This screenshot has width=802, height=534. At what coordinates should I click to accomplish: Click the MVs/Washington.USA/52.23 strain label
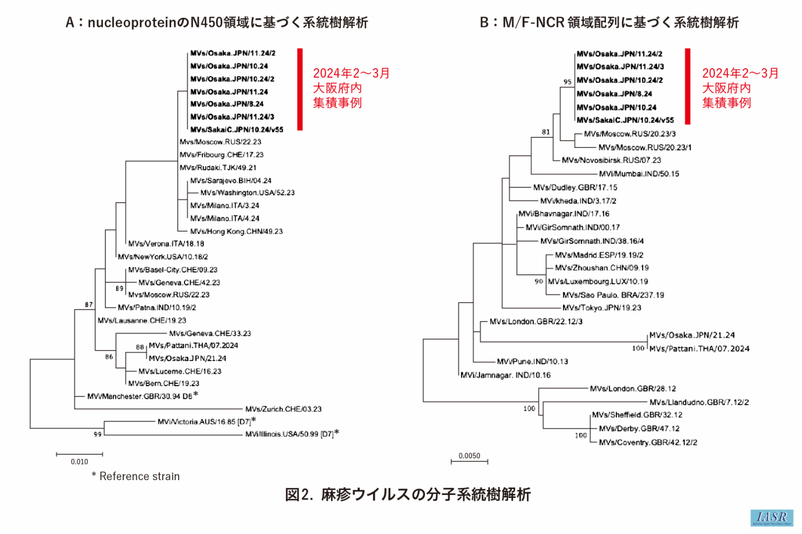(x=247, y=193)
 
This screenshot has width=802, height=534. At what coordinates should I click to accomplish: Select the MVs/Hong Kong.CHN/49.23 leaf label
(x=236, y=231)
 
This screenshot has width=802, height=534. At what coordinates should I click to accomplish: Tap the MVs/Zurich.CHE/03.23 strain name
(x=283, y=409)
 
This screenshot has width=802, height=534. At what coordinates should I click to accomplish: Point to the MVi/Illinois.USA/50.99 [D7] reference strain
(x=289, y=434)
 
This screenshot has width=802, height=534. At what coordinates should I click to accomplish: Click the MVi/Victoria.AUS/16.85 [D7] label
(x=204, y=422)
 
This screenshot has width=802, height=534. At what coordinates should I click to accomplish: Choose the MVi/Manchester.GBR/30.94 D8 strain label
(x=140, y=396)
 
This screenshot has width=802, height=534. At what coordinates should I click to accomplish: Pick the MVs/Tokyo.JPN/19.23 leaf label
(x=601, y=308)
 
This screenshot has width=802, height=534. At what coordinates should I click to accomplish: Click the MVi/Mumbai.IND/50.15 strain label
(x=639, y=174)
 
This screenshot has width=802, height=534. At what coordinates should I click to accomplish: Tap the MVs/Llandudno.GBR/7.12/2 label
(x=699, y=403)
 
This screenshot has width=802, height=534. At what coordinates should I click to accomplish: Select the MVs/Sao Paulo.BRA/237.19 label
(x=613, y=295)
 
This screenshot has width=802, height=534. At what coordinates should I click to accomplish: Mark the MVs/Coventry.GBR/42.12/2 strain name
(x=647, y=443)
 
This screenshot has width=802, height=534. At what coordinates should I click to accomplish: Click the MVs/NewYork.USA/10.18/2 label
(x=163, y=257)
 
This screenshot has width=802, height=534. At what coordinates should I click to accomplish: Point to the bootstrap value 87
(x=89, y=305)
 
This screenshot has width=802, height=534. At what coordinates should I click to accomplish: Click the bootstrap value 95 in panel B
(x=567, y=82)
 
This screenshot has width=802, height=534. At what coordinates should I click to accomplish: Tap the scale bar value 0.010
(x=80, y=462)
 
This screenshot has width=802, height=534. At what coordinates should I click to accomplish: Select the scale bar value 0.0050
(x=469, y=456)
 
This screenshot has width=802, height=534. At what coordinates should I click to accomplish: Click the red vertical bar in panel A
(x=299, y=89)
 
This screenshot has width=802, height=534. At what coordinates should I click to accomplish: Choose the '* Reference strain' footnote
(x=136, y=477)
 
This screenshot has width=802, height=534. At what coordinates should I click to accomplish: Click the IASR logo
(x=772, y=518)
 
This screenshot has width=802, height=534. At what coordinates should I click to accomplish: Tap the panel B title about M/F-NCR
(x=609, y=23)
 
